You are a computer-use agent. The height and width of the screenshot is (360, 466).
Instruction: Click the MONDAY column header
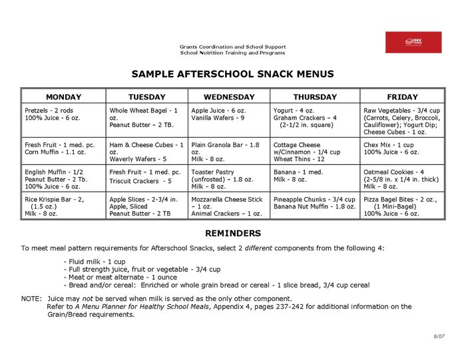[x=63, y=97]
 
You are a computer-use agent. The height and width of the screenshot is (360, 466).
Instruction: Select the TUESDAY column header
[x=146, y=97]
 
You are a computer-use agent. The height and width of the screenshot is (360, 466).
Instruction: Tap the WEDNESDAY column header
[x=229, y=97]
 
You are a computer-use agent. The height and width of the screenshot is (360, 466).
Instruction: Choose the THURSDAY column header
[x=315, y=97]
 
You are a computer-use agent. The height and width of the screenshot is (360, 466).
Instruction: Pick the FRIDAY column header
[x=402, y=97]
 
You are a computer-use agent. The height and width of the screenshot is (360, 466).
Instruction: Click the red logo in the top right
[x=413, y=42]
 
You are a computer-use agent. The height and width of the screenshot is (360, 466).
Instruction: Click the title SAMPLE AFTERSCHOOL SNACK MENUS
[x=232, y=74]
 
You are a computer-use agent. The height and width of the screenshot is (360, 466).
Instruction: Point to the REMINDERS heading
[x=232, y=234]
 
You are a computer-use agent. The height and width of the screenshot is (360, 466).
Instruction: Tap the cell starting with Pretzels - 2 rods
[x=63, y=114]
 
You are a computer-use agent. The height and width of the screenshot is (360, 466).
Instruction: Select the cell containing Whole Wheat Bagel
[x=146, y=118]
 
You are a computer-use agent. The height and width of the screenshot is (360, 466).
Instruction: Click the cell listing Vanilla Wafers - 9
[x=229, y=114]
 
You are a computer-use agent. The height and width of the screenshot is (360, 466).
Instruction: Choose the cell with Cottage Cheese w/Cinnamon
[x=315, y=152]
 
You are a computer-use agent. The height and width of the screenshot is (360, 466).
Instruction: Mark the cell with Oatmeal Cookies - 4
[x=402, y=179]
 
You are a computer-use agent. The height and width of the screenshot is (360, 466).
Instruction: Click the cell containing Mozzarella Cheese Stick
[x=229, y=206]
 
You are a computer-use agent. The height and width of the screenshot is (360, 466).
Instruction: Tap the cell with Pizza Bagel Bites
[x=402, y=206]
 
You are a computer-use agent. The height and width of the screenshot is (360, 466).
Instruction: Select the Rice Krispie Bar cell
[x=63, y=206]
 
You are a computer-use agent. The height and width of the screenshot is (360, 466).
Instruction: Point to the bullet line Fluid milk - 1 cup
[x=95, y=262]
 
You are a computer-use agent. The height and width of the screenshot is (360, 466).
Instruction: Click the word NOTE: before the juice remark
[x=31, y=299]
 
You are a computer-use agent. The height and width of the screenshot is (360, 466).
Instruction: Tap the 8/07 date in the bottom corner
[x=439, y=337]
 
